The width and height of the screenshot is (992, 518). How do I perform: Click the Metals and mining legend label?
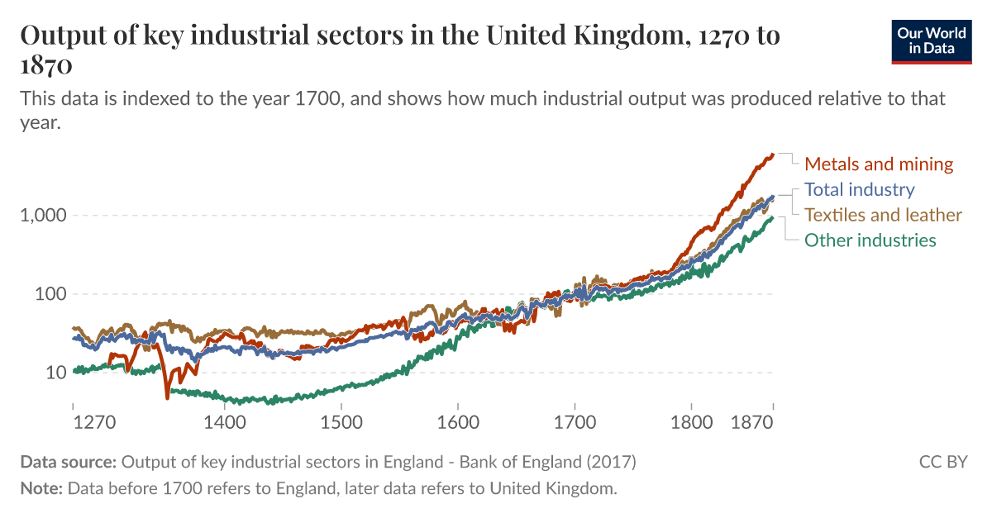click(x=879, y=164)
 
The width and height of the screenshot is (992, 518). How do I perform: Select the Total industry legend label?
click(x=860, y=189)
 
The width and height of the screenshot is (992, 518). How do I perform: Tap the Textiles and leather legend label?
click(x=883, y=215)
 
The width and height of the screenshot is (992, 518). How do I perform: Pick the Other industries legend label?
click(x=870, y=240)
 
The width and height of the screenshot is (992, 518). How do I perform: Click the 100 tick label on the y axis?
click(x=49, y=294)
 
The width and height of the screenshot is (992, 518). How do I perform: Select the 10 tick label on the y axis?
click(x=54, y=373)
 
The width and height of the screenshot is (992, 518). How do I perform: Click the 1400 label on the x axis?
click(x=225, y=423)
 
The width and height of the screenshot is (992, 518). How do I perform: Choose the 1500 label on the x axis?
click(x=341, y=423)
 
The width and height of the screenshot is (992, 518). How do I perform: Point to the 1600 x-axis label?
click(x=458, y=423)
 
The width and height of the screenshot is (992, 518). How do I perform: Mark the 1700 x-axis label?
click(x=575, y=423)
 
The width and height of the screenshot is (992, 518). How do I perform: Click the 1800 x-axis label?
click(x=691, y=423)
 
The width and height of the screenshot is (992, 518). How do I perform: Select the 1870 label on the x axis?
click(x=752, y=423)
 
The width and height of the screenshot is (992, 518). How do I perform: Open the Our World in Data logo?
click(x=932, y=40)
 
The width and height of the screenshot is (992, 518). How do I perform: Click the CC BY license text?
click(x=942, y=461)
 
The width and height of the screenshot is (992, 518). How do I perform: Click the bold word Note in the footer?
click(x=41, y=487)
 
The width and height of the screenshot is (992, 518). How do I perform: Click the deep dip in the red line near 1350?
click(x=167, y=397)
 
